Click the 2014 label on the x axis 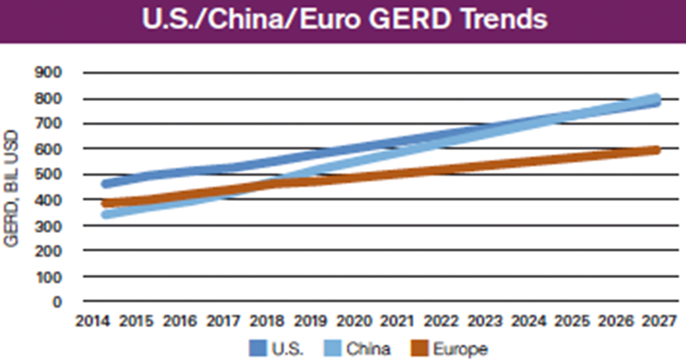point(93,321)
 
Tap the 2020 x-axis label point(354,321)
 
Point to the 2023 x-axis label point(485,321)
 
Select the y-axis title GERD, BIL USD point(11,189)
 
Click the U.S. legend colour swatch point(258,347)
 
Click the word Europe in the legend point(460,347)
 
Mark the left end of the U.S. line point(106,184)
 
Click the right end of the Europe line point(657,150)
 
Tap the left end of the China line point(106,215)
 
